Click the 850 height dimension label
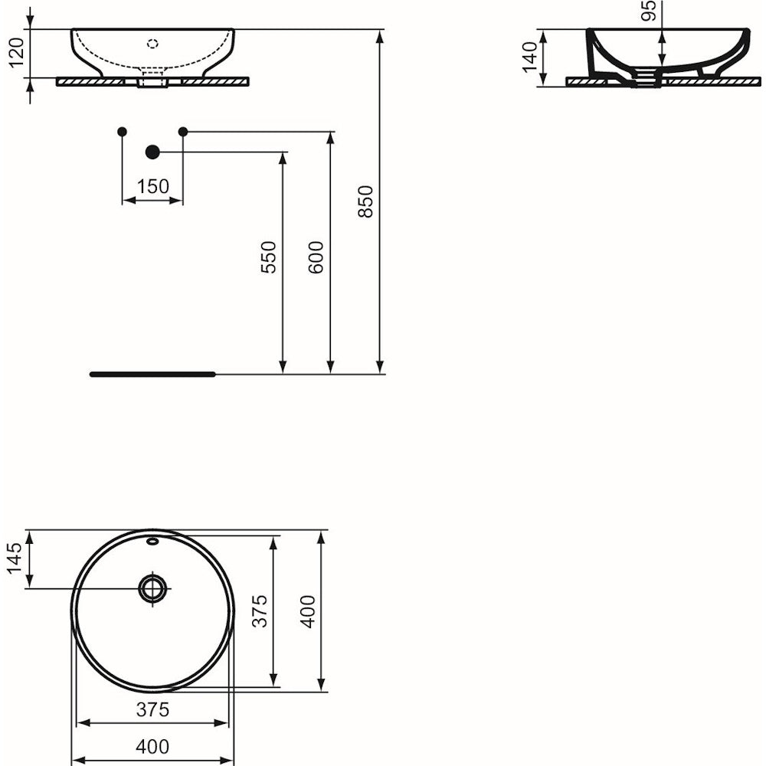tap(365, 201)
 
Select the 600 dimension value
tap(316, 257)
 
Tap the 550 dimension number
tap(268, 257)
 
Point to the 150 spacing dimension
tap(152, 187)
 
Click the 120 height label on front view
tap(16, 53)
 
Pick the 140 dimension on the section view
tap(529, 57)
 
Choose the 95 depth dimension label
tap(648, 11)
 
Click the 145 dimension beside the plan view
tap(14, 558)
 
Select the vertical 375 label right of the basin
tap(260, 611)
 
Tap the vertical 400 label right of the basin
tap(308, 611)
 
